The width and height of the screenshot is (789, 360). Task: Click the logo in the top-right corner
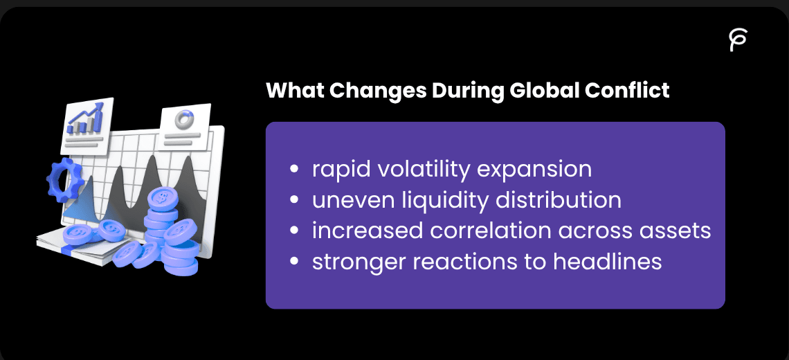pos(738,41)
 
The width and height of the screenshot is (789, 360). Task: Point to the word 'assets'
pos(675,231)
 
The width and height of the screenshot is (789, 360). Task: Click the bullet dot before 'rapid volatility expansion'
pos(296,170)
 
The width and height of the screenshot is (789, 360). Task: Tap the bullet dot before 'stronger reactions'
pos(296,262)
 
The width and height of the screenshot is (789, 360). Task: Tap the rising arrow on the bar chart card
pos(87,116)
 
